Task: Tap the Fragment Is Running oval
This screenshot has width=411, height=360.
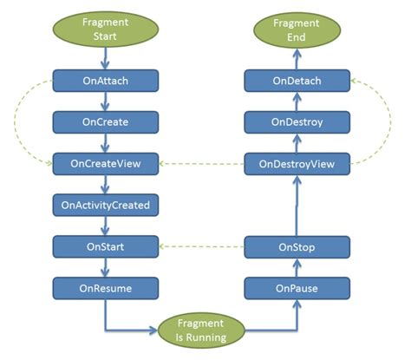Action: coord(202,331)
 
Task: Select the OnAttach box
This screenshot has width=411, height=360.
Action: coord(105,82)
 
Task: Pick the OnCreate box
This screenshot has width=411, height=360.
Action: coord(105,122)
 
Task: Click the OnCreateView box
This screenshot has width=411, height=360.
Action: coord(105,163)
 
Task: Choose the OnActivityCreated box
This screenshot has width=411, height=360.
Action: coord(105,206)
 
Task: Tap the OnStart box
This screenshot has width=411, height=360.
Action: coord(105,246)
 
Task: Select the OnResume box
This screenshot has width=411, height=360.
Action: coord(105,287)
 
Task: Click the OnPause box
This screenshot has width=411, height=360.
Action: coord(297,287)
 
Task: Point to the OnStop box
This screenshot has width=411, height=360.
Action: coord(297,247)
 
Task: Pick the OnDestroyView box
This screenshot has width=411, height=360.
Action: coord(297,163)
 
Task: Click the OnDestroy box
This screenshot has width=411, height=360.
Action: coord(297,122)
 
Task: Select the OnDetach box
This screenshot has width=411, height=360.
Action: coord(297,82)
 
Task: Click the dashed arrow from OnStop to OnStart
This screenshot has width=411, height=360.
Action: coord(201,247)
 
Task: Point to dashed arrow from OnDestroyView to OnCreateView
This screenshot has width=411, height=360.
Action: coord(201,163)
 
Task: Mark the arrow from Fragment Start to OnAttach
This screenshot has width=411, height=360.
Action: coord(105,60)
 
